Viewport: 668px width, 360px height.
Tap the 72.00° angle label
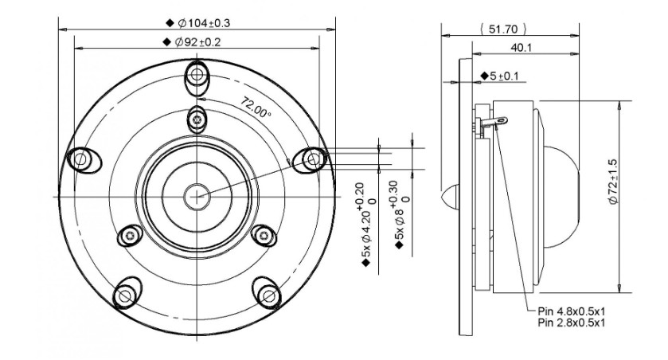point(256,108)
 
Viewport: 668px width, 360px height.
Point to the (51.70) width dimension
point(503,29)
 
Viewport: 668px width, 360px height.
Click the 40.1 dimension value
point(521,47)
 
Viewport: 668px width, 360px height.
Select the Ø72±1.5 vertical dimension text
point(612,182)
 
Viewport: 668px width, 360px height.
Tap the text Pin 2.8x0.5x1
point(572,323)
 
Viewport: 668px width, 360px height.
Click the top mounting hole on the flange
point(197,75)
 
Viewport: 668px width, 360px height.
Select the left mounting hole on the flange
point(81,160)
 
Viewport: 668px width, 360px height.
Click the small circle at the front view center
point(197,197)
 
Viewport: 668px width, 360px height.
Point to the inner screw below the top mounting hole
point(197,119)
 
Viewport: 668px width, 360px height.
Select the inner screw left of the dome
point(130,235)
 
